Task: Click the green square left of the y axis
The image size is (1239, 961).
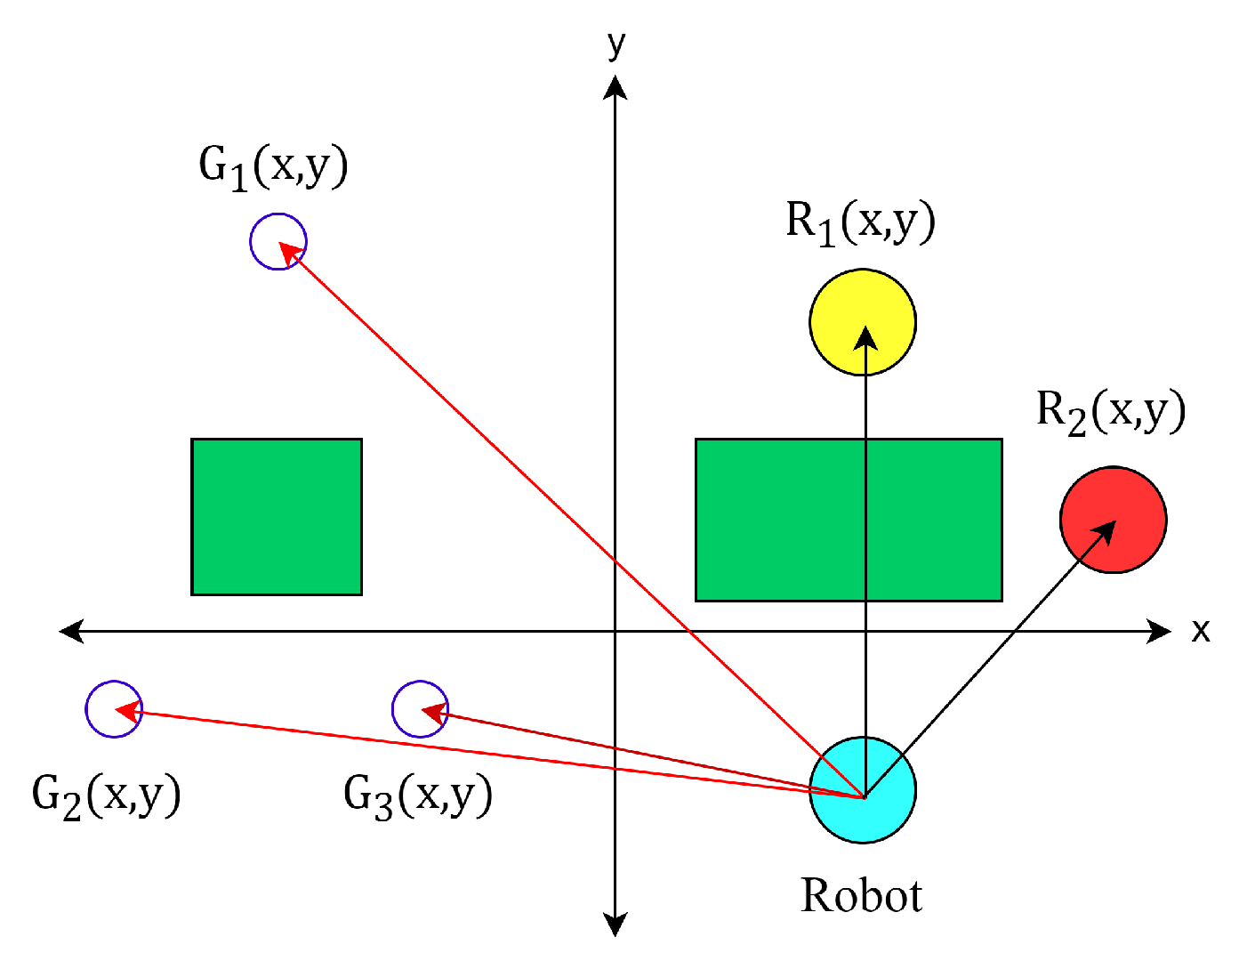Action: [277, 517]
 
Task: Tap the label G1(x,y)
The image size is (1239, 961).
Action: [273, 166]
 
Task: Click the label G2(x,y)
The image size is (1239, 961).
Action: [107, 795]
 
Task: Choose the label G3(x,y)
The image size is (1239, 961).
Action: [418, 795]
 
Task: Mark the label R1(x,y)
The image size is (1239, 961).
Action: [860, 222]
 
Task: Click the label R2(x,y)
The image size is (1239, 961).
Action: [1111, 411]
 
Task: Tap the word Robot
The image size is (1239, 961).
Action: [861, 895]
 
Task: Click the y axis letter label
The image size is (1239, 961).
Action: [616, 43]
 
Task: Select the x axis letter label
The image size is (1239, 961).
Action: [1201, 630]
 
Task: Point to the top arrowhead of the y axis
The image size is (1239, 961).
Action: [615, 87]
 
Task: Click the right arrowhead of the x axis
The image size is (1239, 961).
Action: [1160, 631]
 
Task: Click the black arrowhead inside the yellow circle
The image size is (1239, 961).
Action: [864, 338]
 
